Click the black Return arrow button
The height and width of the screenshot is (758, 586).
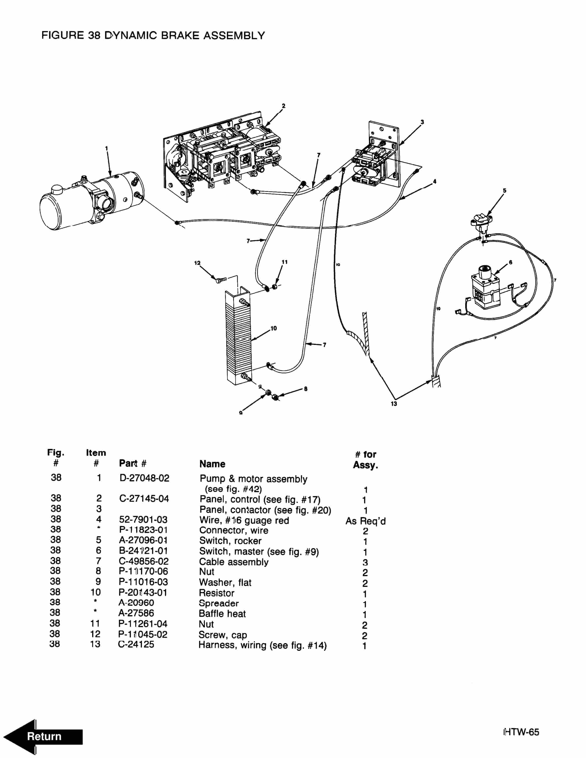[x=43, y=736]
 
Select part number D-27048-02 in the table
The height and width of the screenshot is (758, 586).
[x=144, y=478]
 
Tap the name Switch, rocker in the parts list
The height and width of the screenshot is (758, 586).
[x=230, y=541]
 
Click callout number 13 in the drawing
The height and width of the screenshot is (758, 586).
[x=394, y=404]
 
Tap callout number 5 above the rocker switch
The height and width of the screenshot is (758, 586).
[x=504, y=190]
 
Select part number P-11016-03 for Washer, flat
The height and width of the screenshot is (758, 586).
[x=143, y=582]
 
